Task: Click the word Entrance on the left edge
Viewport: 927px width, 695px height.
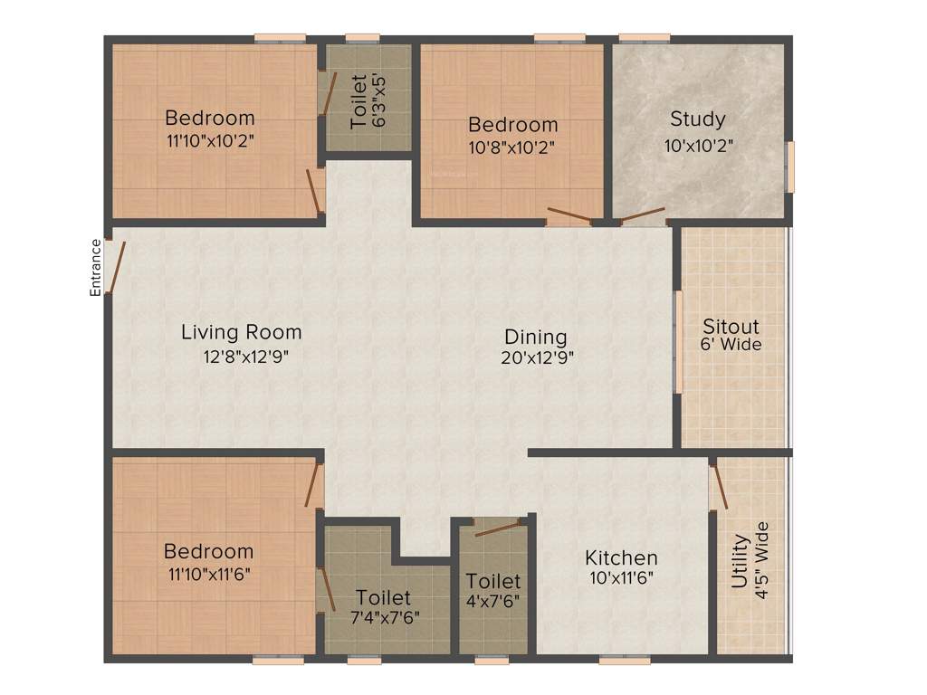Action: point(94,267)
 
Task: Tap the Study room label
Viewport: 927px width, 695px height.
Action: point(697,119)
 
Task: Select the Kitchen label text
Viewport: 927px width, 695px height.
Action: point(621,557)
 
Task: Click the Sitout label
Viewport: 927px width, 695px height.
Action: point(731,326)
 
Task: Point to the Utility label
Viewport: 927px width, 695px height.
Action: point(741,562)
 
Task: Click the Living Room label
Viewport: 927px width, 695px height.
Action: point(241,332)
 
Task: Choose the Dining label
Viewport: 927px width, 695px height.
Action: point(536,337)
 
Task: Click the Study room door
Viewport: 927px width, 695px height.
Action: point(640,215)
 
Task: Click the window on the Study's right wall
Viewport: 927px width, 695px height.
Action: point(790,167)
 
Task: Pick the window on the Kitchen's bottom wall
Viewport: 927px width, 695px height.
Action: point(625,661)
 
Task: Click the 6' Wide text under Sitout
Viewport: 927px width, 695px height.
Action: point(731,345)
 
